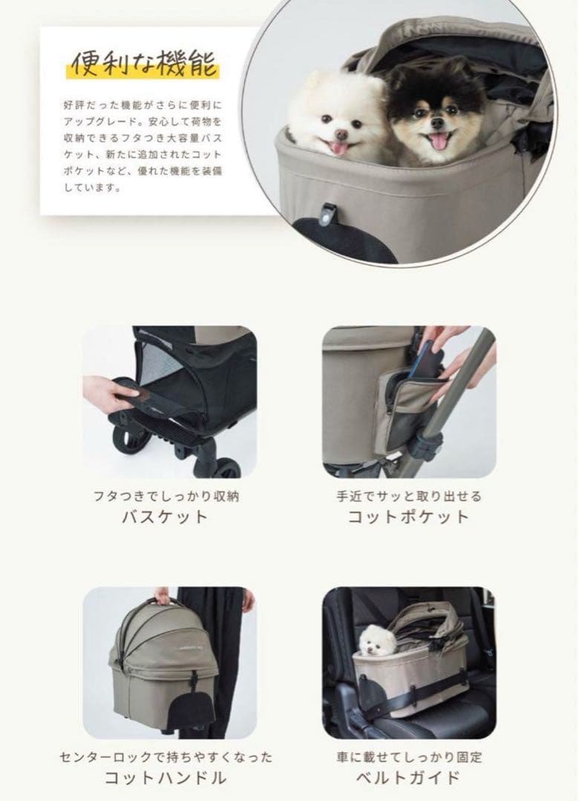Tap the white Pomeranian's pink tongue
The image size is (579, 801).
pos(338,148)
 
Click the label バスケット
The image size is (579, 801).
pos(165,517)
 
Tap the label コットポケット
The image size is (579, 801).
pos(408,517)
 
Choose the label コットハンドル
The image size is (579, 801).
pos(165,778)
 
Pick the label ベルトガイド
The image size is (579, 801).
pos(408,778)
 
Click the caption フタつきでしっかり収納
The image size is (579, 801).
pos(165,495)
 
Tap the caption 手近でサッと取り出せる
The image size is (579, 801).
pos(408,495)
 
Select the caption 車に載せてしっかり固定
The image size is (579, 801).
pos(408,756)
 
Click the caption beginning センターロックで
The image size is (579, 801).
pos(165,756)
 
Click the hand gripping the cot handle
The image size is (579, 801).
pos(161,595)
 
